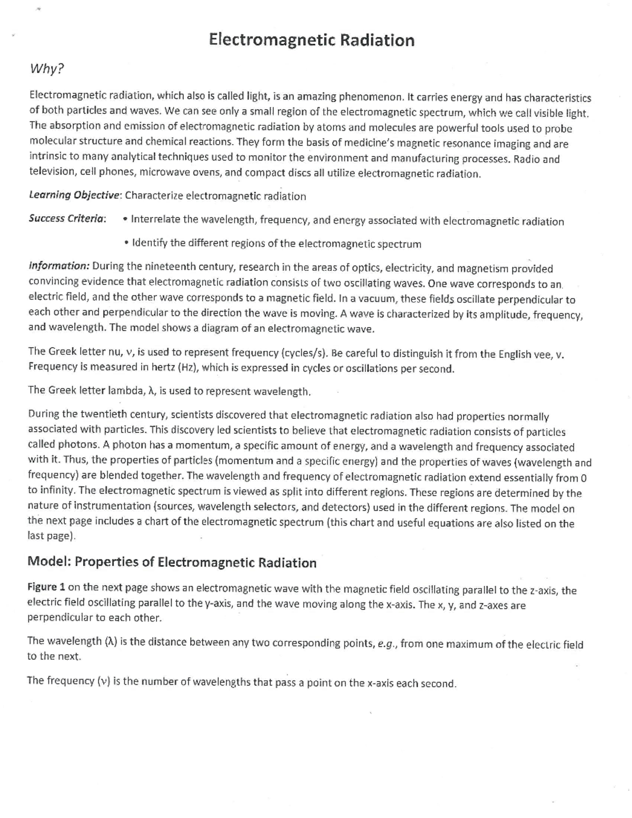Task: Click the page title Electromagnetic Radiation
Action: tap(311, 40)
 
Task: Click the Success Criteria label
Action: tap(67, 219)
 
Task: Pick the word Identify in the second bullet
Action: tap(150, 243)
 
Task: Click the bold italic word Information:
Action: tap(59, 266)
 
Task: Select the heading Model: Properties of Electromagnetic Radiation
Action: tap(172, 562)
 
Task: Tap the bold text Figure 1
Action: tap(46, 587)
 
